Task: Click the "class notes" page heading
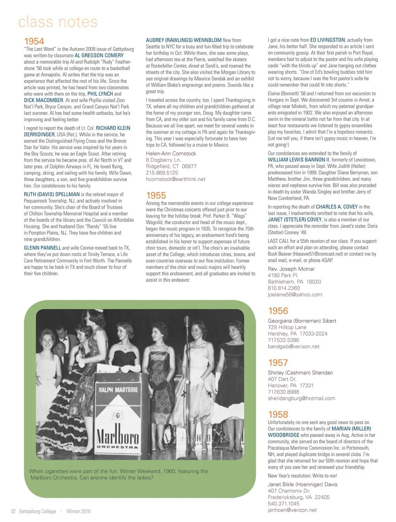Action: [x=58, y=22]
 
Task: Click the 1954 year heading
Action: [x=34, y=41]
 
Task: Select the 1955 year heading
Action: [x=156, y=195]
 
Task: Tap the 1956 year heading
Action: [x=278, y=311]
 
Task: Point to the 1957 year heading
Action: [x=278, y=363]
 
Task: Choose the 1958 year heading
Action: [x=278, y=415]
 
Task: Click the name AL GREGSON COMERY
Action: [x=99, y=55]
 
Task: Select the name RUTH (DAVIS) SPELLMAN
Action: [x=52, y=194]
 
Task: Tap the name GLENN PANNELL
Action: [x=42, y=248]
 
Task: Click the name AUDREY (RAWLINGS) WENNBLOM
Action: [x=184, y=40]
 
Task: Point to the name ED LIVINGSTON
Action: [x=327, y=40]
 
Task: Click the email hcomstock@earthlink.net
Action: [x=175, y=179]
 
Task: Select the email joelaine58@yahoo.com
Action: [x=295, y=295]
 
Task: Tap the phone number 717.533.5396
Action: [x=283, y=340]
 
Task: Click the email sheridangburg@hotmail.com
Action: [x=302, y=399]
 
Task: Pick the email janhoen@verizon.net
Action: [x=292, y=510]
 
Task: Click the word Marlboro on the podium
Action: [x=117, y=434]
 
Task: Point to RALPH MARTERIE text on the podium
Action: [x=118, y=390]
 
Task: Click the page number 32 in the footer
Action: [x=13, y=511]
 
